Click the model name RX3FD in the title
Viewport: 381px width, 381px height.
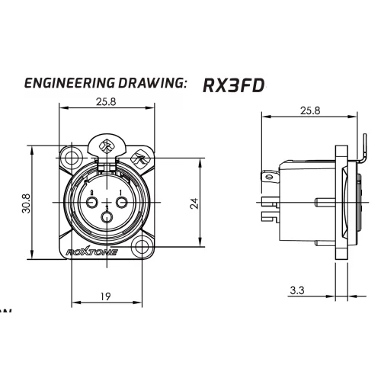pyautogui.click(x=233, y=85)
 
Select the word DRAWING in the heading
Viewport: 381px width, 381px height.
pyautogui.click(x=153, y=83)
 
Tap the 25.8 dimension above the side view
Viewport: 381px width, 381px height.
pyautogui.click(x=309, y=110)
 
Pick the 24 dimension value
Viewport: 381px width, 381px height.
pyautogui.click(x=194, y=203)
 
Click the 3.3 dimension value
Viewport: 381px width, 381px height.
pyautogui.click(x=299, y=290)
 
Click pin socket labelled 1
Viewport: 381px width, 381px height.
pyautogui.click(x=121, y=201)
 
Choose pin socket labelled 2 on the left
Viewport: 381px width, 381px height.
pyautogui.click(x=91, y=201)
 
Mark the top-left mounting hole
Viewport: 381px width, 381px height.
pyautogui.click(x=72, y=160)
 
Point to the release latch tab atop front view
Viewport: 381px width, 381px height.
pyautogui.click(x=107, y=146)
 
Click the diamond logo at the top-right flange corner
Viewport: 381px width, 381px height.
pyautogui.click(x=140, y=160)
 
